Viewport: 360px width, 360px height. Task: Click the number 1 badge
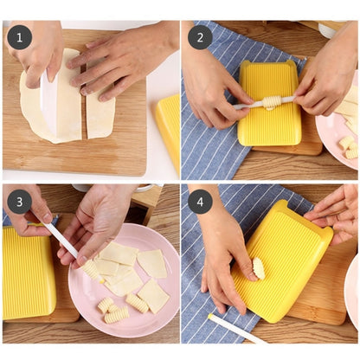click(19, 37)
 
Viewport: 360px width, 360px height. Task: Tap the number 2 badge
click(200, 37)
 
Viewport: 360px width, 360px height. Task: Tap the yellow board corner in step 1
click(169, 125)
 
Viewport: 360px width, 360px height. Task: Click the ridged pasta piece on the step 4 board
click(259, 269)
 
